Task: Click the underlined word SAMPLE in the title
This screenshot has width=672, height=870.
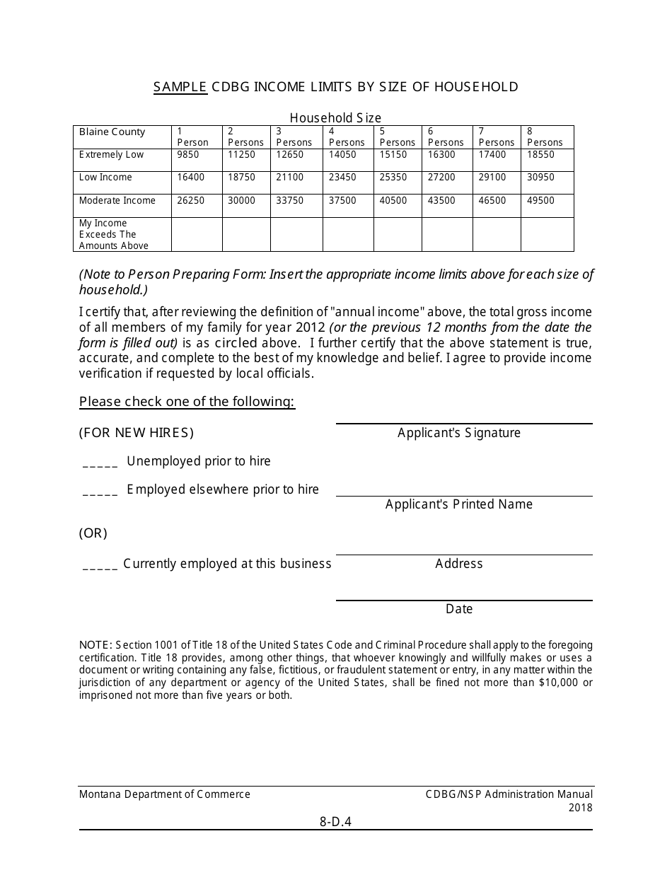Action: tap(180, 87)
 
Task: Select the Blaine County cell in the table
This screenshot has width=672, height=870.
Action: tap(112, 132)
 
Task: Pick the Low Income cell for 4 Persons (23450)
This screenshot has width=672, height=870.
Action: tap(342, 178)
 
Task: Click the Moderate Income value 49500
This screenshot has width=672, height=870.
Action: tap(540, 201)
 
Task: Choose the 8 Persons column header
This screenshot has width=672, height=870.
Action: tap(545, 137)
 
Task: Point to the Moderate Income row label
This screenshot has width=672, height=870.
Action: tap(117, 201)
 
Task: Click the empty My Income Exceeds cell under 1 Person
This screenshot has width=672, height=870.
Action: tap(197, 234)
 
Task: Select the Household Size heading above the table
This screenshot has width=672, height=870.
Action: tap(335, 118)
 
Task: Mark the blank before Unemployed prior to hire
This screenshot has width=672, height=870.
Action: tap(100, 465)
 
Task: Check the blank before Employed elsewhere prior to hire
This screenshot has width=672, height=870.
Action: tap(100, 493)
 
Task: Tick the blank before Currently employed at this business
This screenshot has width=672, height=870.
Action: tap(100, 567)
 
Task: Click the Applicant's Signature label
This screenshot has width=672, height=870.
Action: tap(458, 433)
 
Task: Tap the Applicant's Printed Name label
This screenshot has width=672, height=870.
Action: tap(458, 504)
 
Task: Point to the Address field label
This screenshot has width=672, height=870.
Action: tap(458, 564)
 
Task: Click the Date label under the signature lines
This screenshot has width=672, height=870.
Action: tap(458, 609)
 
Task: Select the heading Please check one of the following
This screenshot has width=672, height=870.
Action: tap(187, 402)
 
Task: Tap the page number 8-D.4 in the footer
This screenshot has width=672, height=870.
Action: tap(335, 822)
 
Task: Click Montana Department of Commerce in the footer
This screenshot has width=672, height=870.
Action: tap(165, 794)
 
